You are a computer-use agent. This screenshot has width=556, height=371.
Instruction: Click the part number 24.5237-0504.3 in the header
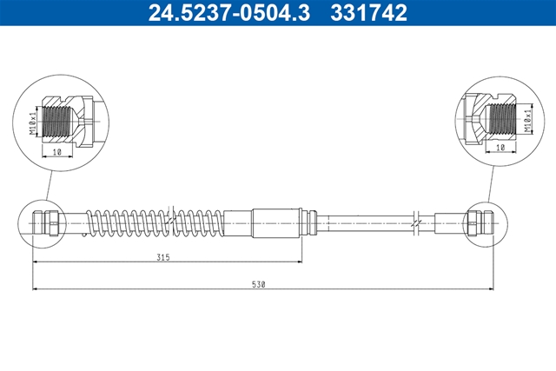click(x=229, y=12)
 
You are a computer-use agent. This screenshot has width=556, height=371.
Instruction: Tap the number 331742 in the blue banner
click(x=368, y=12)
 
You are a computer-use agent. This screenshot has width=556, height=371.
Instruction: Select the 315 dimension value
click(x=163, y=257)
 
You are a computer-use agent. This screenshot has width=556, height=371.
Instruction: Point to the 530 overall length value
click(x=259, y=284)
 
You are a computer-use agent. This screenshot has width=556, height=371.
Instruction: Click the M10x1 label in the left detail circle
click(x=33, y=123)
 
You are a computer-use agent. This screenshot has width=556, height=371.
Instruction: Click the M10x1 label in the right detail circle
click(x=529, y=121)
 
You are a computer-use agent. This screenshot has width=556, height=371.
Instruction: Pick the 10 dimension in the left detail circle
click(x=56, y=152)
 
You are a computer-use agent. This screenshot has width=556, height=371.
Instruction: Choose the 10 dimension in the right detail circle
click(x=500, y=148)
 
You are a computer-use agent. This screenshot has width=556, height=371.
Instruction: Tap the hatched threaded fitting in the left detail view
click(x=68, y=122)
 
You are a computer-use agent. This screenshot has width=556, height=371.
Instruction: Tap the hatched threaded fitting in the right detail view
click(x=490, y=119)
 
